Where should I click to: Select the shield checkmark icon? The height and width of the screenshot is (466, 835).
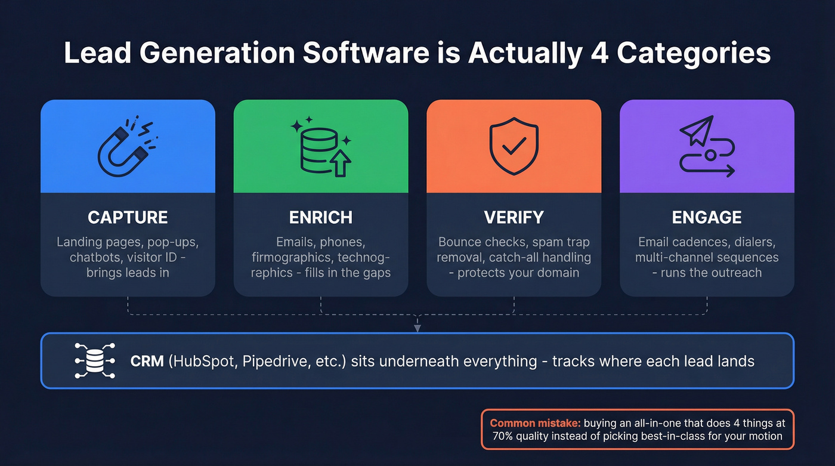[514, 146]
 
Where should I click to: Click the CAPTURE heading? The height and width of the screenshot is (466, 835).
[128, 217]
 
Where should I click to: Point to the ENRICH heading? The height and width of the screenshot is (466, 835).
[321, 217]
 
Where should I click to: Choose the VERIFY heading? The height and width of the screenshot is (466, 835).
[514, 217]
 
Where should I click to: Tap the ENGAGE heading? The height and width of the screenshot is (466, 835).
[707, 217]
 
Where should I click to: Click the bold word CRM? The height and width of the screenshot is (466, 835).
[146, 361]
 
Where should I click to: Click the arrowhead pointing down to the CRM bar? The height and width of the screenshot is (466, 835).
[417, 328]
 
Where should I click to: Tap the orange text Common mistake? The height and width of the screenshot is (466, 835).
[534, 423]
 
